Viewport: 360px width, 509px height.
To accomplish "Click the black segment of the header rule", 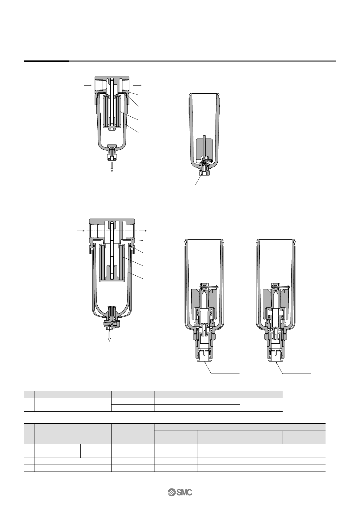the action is click(x=47, y=61).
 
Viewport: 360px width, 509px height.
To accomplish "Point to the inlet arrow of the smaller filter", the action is click(x=87, y=85).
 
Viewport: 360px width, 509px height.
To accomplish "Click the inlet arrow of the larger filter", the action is click(x=81, y=231).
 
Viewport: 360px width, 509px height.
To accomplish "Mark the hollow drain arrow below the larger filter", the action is click(x=109, y=336).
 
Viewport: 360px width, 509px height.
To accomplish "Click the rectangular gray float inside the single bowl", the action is click(x=204, y=148).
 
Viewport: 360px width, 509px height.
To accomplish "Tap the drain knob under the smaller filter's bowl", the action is click(x=112, y=157).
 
